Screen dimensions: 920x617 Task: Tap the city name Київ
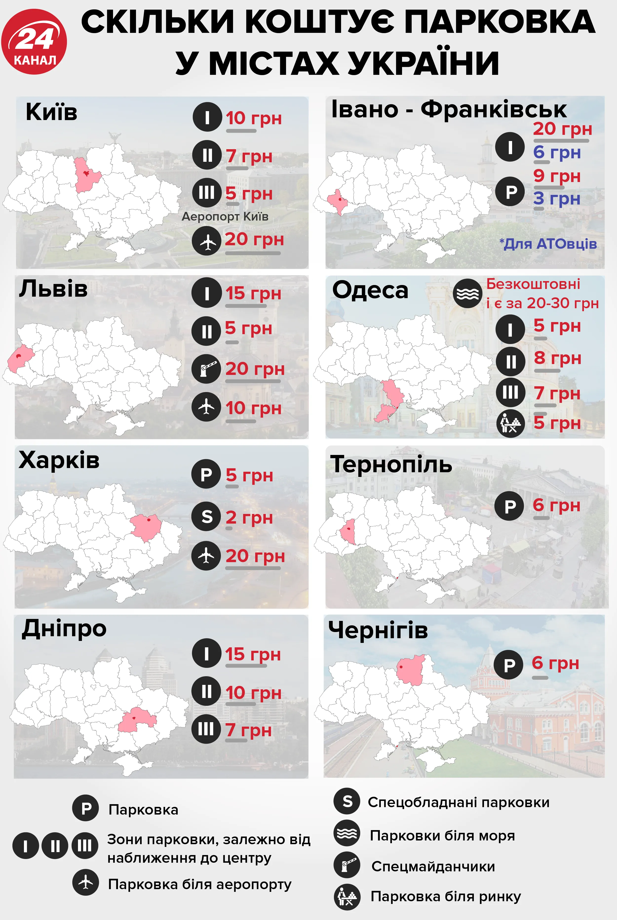point(52,112)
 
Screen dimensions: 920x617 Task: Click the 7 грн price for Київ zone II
point(249,156)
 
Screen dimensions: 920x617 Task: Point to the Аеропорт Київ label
point(225,217)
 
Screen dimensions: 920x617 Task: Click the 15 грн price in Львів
point(253,293)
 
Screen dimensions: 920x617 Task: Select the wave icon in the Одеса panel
point(467,293)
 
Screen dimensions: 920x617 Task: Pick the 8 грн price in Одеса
point(557,358)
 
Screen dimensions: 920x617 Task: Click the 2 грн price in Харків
point(249,517)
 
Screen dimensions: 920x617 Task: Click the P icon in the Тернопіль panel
point(510,506)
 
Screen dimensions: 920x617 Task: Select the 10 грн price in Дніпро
point(253,693)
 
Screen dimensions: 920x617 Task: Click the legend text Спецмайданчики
point(433,866)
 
